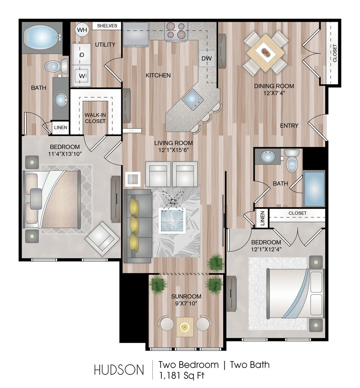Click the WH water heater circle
(x=81, y=29)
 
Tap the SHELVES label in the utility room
(x=107, y=26)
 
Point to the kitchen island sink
(x=193, y=99)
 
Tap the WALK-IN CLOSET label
(x=95, y=118)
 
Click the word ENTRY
(x=289, y=125)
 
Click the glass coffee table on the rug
(x=172, y=221)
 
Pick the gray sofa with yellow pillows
(x=138, y=225)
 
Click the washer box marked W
(x=81, y=75)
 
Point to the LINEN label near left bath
(x=60, y=128)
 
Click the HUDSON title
(x=119, y=370)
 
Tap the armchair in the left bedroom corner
(x=101, y=238)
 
